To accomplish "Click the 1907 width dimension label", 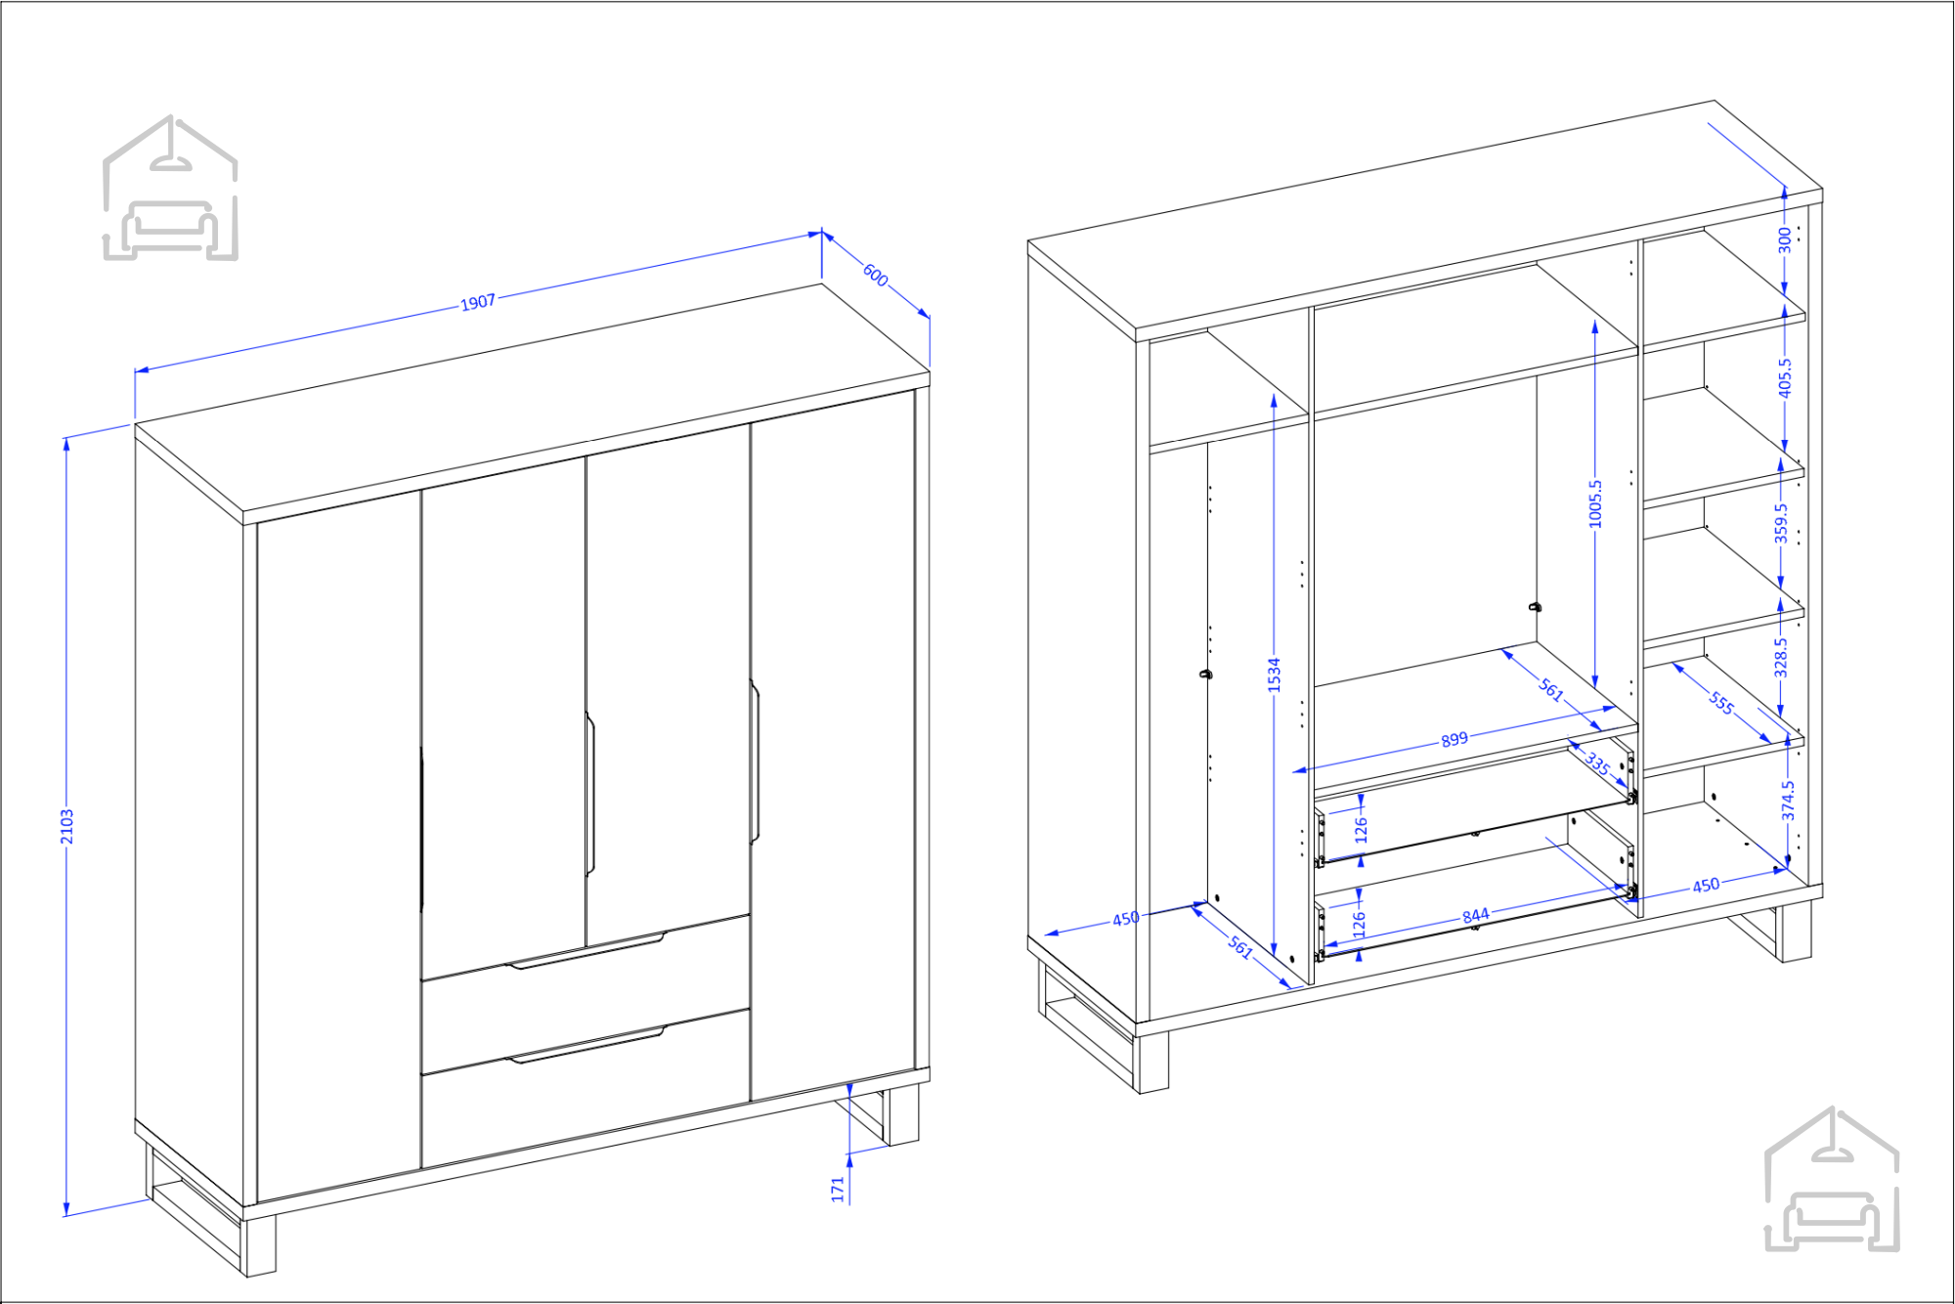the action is tap(478, 303).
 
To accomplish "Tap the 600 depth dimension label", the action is tap(876, 277).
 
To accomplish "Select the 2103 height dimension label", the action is tap(67, 826).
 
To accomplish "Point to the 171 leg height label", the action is tap(838, 1190).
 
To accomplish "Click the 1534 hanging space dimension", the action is tap(1274, 675).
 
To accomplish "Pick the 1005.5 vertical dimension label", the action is tap(1596, 503).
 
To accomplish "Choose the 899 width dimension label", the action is tap(1455, 739).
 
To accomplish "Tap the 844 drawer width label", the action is tap(1476, 916).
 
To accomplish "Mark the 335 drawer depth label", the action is tap(1597, 762).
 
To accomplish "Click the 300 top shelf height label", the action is tap(1785, 240).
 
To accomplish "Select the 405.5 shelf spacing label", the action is tap(1785, 377).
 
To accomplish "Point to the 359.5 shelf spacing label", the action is tap(1782, 523).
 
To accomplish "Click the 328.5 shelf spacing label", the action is tap(1781, 658).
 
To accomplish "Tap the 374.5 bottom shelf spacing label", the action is tap(1789, 800).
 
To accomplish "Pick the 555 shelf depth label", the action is tap(1722, 703).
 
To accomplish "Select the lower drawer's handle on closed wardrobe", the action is tap(586, 1044).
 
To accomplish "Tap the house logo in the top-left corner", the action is tap(171, 188).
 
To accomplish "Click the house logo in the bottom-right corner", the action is tap(1833, 1179).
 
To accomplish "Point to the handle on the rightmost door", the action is tap(755, 761).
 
